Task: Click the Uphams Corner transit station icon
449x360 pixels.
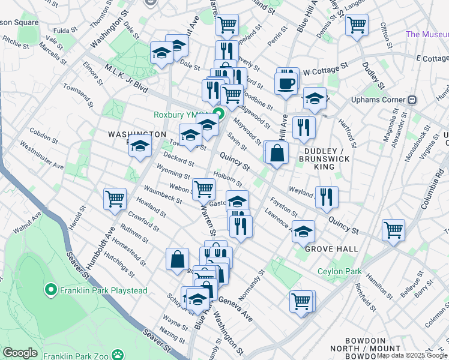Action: (412, 99)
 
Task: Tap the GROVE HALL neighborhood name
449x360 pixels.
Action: (331, 248)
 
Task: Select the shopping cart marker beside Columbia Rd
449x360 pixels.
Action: (393, 229)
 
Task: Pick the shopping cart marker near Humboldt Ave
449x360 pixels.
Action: (115, 199)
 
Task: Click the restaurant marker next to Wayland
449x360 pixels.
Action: (327, 197)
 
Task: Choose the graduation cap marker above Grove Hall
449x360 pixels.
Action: (304, 231)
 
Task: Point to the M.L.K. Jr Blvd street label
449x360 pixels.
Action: (125, 78)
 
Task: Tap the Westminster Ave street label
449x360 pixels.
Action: (41, 155)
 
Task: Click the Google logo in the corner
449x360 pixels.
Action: (20, 353)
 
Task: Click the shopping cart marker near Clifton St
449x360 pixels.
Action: (357, 26)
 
